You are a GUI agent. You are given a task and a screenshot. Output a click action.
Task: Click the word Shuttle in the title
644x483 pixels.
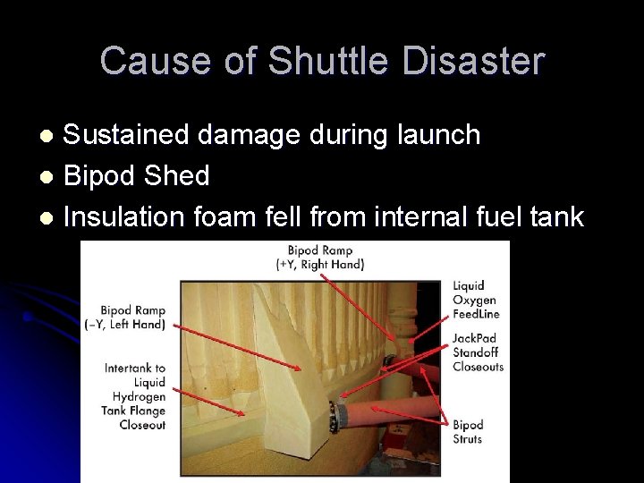click(x=327, y=61)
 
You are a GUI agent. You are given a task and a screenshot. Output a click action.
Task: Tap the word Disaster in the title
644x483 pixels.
click(x=473, y=61)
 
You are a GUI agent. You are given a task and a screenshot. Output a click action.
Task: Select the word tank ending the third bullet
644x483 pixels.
click(x=555, y=217)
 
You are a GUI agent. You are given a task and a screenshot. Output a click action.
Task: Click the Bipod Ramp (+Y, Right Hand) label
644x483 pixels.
click(x=320, y=257)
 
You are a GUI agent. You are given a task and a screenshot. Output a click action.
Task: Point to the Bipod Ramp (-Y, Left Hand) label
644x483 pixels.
click(x=133, y=317)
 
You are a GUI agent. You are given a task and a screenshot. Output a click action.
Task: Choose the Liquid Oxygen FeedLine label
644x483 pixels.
click(x=475, y=300)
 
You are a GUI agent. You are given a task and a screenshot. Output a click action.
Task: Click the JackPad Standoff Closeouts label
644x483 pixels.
click(x=478, y=352)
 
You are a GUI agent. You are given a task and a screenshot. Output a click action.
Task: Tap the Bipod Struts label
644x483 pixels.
click(x=468, y=432)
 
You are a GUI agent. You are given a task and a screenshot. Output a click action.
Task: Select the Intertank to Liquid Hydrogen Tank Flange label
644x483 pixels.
click(x=135, y=396)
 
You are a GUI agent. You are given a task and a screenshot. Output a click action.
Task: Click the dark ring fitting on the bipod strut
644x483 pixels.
click(x=338, y=417)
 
